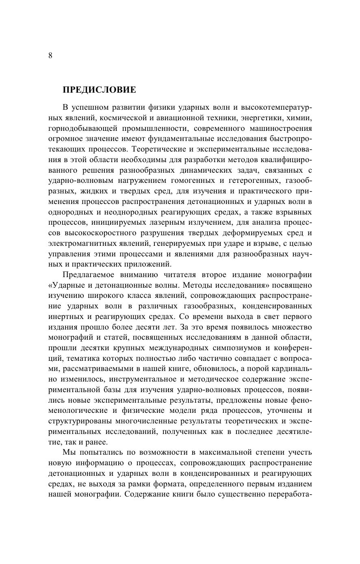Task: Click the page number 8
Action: (x=50, y=56)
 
